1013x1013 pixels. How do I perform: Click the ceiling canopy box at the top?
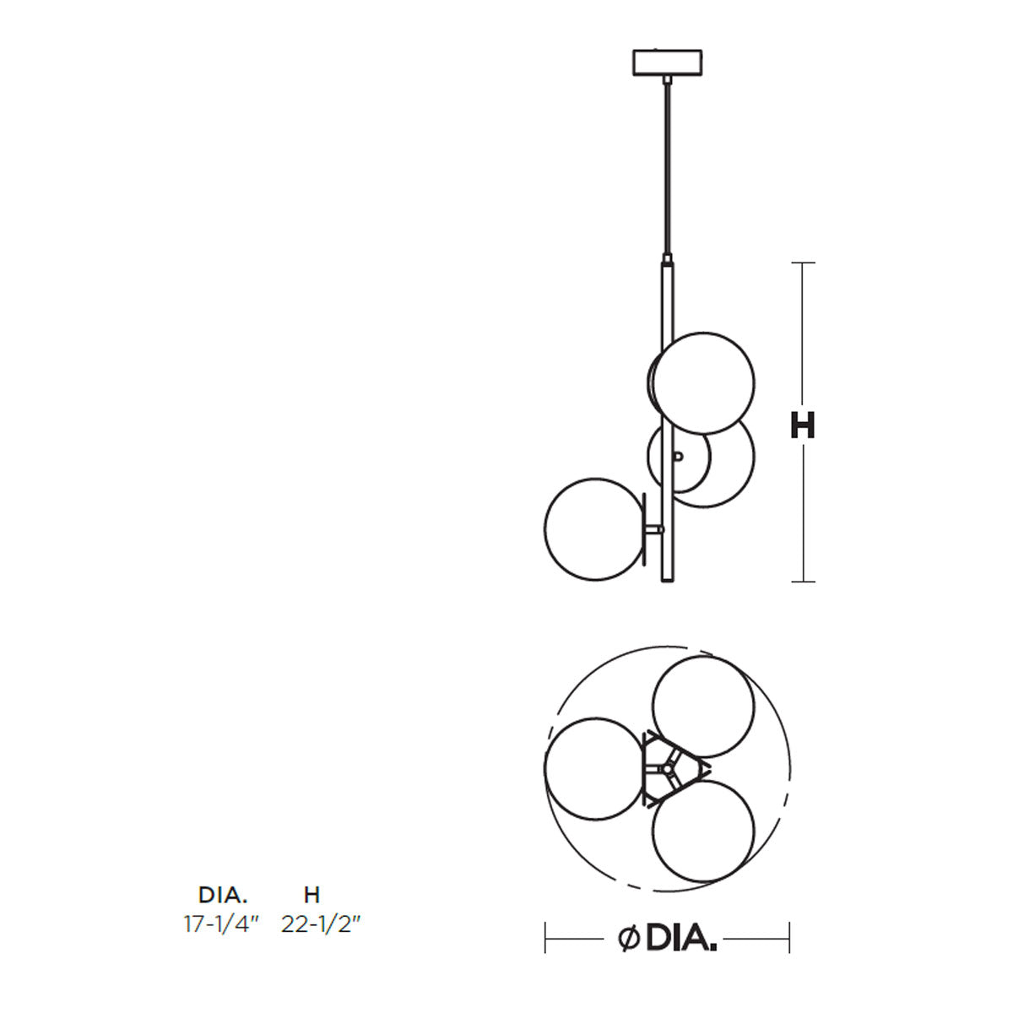pos(667,62)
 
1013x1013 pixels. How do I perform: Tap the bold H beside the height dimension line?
pos(802,425)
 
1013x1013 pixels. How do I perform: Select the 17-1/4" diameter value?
pos(222,924)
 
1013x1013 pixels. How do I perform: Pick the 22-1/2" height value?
pos(321,924)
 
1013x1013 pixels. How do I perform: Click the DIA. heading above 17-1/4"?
pos(222,894)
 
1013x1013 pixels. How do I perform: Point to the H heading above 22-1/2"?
pos(311,894)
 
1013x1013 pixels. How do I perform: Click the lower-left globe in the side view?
pos(595,528)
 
